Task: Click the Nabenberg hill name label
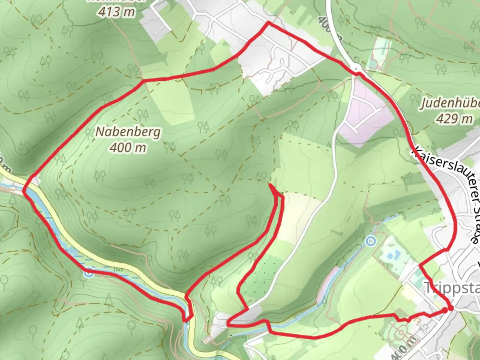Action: [x=128, y=132]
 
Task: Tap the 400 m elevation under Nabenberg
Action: [x=128, y=147]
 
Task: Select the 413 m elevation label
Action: [x=117, y=12]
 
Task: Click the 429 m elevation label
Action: [x=454, y=118]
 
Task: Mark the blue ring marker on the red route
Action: [x=89, y=273]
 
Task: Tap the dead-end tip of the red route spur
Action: [x=269, y=184]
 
